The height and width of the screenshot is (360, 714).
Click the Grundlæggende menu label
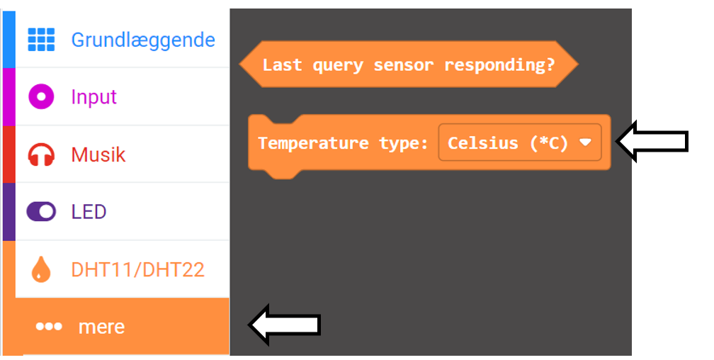(143, 40)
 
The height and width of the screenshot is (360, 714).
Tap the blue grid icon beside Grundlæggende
(41, 40)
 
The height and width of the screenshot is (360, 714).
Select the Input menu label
(93, 96)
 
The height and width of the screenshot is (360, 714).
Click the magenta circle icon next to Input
(41, 96)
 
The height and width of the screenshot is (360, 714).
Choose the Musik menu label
(98, 154)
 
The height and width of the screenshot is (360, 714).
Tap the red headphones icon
(41, 154)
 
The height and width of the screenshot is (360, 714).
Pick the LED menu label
(89, 212)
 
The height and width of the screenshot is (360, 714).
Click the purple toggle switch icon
(41, 211)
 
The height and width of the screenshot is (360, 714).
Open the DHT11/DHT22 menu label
(138, 270)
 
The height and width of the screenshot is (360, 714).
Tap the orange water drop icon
(41, 269)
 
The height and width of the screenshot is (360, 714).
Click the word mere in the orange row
(101, 327)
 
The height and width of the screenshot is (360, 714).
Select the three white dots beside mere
(49, 326)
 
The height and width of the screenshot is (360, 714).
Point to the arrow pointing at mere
(285, 325)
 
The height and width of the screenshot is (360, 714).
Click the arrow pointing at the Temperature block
(652, 141)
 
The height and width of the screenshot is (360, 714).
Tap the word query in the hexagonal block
(338, 65)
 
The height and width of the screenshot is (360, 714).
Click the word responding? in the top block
(499, 64)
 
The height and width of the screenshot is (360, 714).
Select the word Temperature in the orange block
(313, 143)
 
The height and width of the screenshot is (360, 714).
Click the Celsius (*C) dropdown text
(508, 143)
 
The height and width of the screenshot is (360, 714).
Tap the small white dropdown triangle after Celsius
(585, 142)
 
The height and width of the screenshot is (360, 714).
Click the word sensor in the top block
(404, 65)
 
